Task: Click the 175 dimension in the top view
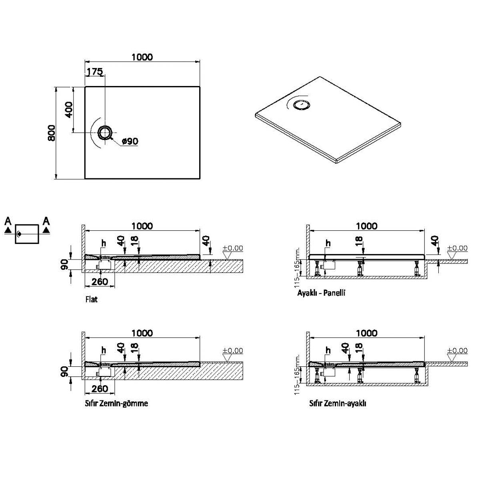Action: [x=95, y=72]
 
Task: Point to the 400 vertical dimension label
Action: [x=69, y=109]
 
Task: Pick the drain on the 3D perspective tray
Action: [x=300, y=105]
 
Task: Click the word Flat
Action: [x=91, y=300]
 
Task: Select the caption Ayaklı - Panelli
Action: [x=321, y=293]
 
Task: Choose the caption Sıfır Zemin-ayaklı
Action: [x=338, y=403]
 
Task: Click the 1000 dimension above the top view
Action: [x=142, y=57]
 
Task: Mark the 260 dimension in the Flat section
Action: [x=99, y=282]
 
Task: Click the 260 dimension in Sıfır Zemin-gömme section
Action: [x=99, y=388]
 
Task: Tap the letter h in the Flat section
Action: [x=104, y=243]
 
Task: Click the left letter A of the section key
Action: [x=8, y=221]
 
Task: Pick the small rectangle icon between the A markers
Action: [x=27, y=234]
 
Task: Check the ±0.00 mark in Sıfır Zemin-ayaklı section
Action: [x=457, y=351]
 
